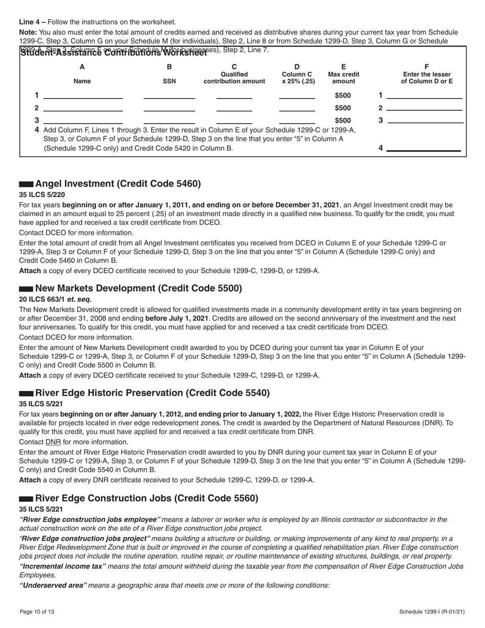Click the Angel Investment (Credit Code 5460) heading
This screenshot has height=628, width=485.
(118, 184)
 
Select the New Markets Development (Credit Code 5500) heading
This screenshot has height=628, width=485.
(138, 288)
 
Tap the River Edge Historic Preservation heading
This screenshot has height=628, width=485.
(152, 393)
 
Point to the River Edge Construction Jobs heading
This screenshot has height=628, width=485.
(147, 498)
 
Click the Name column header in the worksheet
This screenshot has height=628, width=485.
(82, 81)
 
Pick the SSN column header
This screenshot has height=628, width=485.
(169, 81)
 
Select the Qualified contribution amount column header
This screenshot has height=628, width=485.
(234, 78)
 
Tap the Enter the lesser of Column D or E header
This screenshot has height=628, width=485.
(427, 78)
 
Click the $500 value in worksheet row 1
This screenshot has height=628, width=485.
(343, 95)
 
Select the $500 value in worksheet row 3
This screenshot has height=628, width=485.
(343, 120)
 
